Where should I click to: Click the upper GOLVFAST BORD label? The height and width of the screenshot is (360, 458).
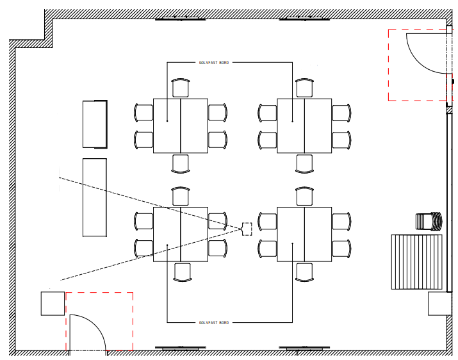tap(214, 63)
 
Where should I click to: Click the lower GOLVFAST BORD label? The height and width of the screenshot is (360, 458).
tap(214, 323)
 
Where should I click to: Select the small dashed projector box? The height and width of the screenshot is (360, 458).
tap(247, 229)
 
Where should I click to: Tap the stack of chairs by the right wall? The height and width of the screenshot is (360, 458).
tap(429, 221)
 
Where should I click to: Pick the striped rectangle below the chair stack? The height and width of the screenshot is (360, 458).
tap(417, 262)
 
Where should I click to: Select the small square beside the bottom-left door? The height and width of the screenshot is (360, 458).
tap(53, 304)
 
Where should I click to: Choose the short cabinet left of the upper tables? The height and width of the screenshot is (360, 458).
tap(95, 124)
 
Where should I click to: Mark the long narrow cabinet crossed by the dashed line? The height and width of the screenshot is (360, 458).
tap(95, 197)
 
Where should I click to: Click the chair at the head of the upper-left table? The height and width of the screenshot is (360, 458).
tap(181, 88)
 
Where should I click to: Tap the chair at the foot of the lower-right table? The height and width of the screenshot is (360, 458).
tap(304, 272)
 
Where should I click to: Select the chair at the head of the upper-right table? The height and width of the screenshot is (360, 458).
tap(305, 88)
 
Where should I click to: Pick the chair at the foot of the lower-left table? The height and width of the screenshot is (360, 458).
tap(183, 272)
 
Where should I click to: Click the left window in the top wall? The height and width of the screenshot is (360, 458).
tap(181, 19)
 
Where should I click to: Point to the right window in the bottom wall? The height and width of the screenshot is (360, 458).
tap(304, 348)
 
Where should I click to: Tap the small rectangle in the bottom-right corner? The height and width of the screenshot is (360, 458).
tap(440, 304)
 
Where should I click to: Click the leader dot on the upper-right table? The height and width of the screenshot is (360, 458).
tap(292, 121)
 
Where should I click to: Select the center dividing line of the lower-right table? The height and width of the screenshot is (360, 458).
tap(305, 234)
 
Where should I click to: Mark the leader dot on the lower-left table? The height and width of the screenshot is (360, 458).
tap(167, 245)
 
